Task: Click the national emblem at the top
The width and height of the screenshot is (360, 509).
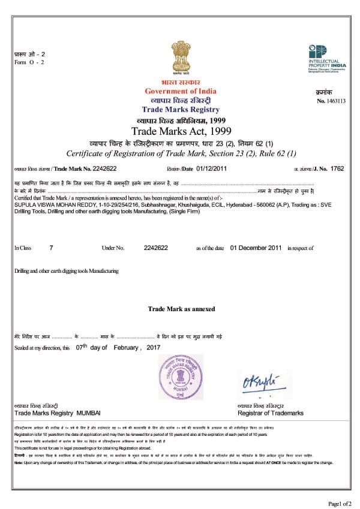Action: click(180, 59)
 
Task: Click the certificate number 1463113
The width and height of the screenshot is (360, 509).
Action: click(335, 101)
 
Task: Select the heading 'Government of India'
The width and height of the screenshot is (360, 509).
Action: click(181, 91)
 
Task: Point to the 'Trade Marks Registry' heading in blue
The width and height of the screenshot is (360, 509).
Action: click(181, 110)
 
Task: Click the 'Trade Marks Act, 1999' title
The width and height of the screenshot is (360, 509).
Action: click(181, 131)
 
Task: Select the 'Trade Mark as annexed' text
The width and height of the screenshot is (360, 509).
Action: click(181, 309)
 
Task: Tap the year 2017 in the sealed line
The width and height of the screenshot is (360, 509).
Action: click(154, 348)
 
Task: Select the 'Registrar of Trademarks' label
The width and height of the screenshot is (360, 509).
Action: click(271, 413)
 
